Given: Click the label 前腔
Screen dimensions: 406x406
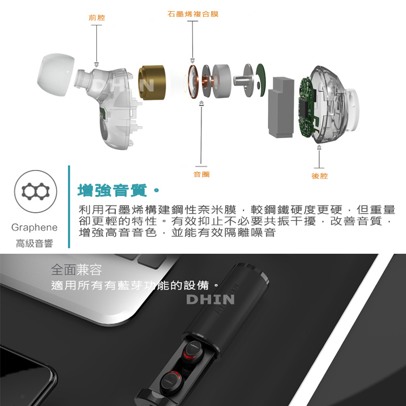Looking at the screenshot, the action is point(97,18).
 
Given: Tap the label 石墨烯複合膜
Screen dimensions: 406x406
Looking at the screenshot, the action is point(193,14).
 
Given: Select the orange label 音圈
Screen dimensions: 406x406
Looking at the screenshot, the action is point(201,174).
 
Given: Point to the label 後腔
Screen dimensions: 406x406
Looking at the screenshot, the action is point(320,176).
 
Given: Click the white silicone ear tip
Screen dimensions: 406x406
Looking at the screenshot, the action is point(55,75).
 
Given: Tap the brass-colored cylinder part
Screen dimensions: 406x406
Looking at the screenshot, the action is point(152,82).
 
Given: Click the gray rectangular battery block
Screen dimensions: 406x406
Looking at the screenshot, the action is point(281,107).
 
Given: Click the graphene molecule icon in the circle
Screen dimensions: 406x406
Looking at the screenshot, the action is point(36,191).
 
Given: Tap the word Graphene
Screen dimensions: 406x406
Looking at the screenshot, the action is point(35,227).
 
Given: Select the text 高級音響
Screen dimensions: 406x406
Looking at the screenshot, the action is point(35,244).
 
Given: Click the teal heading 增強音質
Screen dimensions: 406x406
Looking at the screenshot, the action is point(113,190).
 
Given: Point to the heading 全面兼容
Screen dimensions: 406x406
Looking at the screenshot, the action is point(77,270).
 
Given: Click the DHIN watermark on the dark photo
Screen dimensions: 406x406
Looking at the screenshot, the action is point(210,299).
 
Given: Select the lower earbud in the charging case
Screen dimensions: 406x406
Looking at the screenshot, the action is point(172,382).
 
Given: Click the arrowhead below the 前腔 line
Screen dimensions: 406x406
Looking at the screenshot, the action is point(96,64).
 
